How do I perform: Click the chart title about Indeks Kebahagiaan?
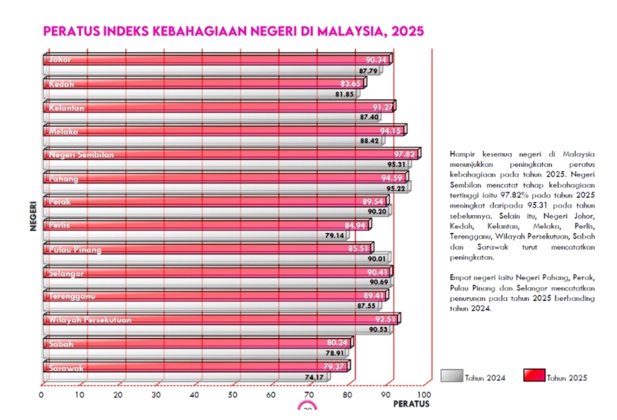tap(233, 31)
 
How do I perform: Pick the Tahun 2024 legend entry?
tap(473, 377)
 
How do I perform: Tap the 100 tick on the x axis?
tap(424, 394)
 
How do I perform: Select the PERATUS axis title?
tap(411, 404)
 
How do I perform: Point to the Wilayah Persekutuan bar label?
tap(90, 320)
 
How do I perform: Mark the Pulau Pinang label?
tap(75, 249)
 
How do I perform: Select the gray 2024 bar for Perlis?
tap(181, 236)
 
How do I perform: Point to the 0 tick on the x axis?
tap(41, 394)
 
